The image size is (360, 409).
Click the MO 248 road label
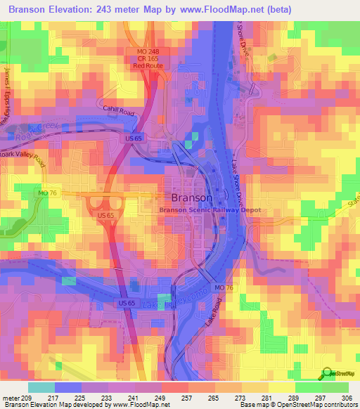pos(148,51)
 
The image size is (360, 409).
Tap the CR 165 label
pos(148,58)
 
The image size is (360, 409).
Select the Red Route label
pos(148,65)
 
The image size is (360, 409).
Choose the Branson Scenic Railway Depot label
pos(210,210)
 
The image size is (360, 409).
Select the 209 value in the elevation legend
pos(25,398)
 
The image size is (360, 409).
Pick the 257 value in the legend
pos(186,398)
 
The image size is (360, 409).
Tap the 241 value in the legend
pos(133,398)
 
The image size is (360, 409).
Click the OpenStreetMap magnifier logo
pos(326,375)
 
